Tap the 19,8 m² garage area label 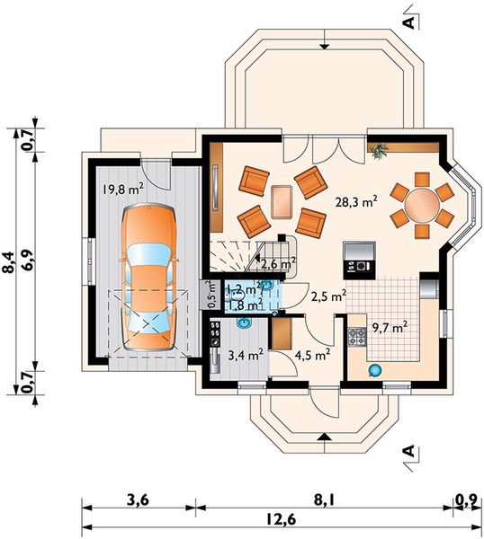124,189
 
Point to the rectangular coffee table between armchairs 282,199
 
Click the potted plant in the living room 377,152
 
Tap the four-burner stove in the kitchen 355,338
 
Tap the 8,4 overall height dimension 9,261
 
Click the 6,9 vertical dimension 29,261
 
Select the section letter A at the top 408,19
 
